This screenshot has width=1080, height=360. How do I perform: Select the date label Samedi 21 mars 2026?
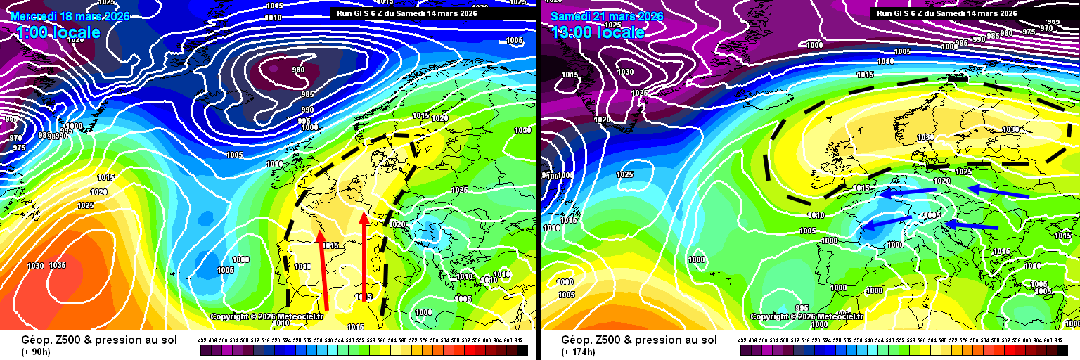click(607, 16)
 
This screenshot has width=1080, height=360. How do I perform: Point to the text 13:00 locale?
click(598, 32)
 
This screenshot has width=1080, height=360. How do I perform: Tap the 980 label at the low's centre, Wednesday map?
click(298, 70)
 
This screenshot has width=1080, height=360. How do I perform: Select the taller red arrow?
click(364, 257)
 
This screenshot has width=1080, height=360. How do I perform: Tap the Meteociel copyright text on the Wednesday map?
click(266, 316)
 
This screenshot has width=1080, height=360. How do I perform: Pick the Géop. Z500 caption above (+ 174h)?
click(639, 340)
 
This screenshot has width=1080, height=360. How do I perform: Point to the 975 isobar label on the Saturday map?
click(1029, 31)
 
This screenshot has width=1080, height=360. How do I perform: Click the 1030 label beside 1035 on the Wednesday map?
click(36, 266)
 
